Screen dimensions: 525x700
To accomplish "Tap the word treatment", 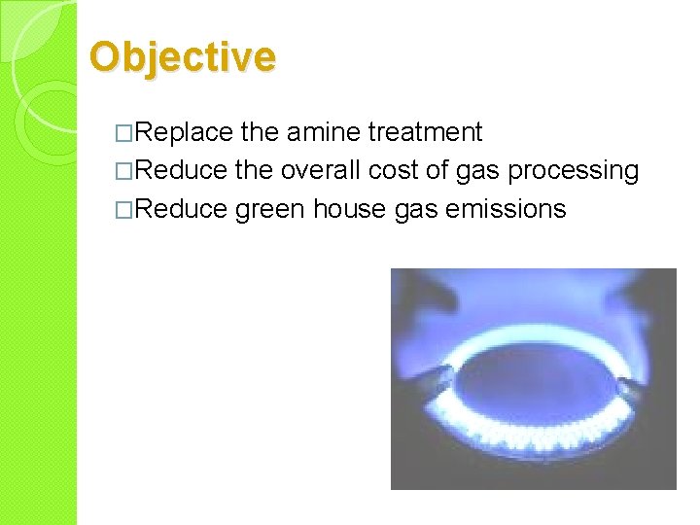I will pos(425,132).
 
